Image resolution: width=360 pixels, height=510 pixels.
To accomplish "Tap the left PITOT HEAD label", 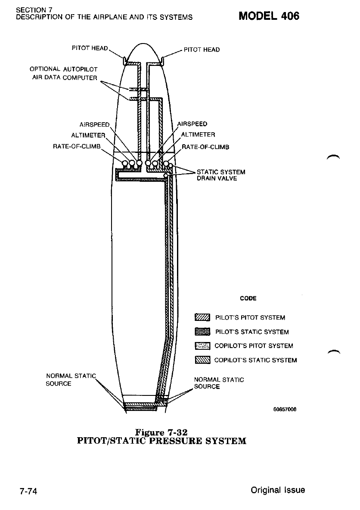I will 90,48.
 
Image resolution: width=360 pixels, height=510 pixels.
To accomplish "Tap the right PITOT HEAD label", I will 202,50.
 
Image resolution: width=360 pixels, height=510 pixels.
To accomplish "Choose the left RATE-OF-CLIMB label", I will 76,146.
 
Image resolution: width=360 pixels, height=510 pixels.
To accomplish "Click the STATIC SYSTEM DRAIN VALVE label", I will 221,175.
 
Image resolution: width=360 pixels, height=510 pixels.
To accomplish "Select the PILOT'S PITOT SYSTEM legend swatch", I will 202,318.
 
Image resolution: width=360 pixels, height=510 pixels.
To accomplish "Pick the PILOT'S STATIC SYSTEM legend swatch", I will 202,332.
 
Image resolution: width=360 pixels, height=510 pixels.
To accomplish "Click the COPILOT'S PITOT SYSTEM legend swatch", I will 202,345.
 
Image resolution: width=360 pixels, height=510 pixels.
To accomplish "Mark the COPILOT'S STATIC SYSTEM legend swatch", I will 202,360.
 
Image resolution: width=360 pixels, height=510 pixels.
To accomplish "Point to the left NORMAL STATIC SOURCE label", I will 70,380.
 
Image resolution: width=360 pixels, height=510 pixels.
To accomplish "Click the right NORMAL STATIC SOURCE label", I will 219,383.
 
